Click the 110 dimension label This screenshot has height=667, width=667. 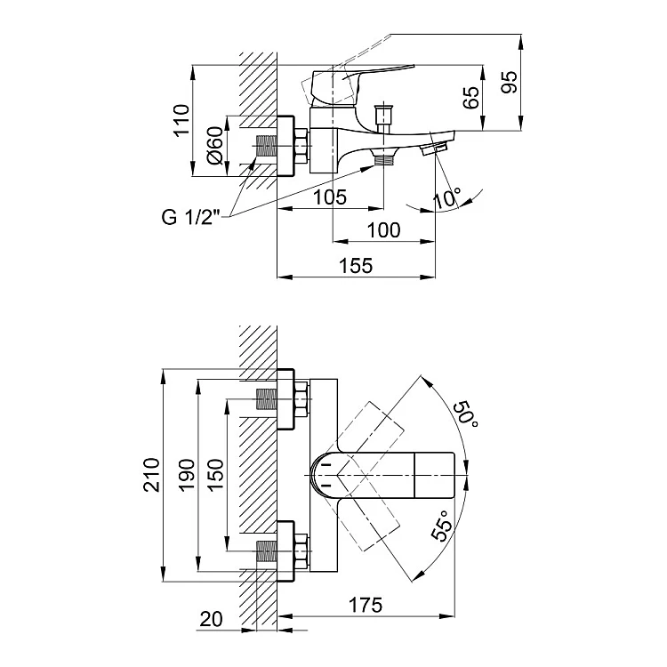click(182, 120)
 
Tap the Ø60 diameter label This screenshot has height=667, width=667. click(214, 143)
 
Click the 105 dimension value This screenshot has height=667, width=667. click(330, 197)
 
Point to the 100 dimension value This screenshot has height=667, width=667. click(383, 230)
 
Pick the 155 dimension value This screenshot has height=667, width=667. click(356, 265)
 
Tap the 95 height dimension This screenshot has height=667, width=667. click(510, 83)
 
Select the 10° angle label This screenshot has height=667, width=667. click(447, 197)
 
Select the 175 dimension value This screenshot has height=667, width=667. click(365, 607)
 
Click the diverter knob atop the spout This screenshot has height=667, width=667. click(384, 116)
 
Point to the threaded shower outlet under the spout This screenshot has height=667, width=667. click(383, 160)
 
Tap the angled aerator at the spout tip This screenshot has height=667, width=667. click(435, 147)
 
